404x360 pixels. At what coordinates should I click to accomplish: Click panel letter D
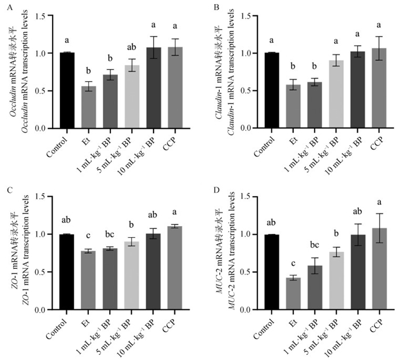click(216, 188)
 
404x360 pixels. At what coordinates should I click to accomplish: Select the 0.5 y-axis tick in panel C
click(44, 272)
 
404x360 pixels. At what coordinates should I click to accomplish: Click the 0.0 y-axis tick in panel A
click(44, 129)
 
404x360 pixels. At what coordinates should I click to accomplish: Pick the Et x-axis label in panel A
click(86, 138)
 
